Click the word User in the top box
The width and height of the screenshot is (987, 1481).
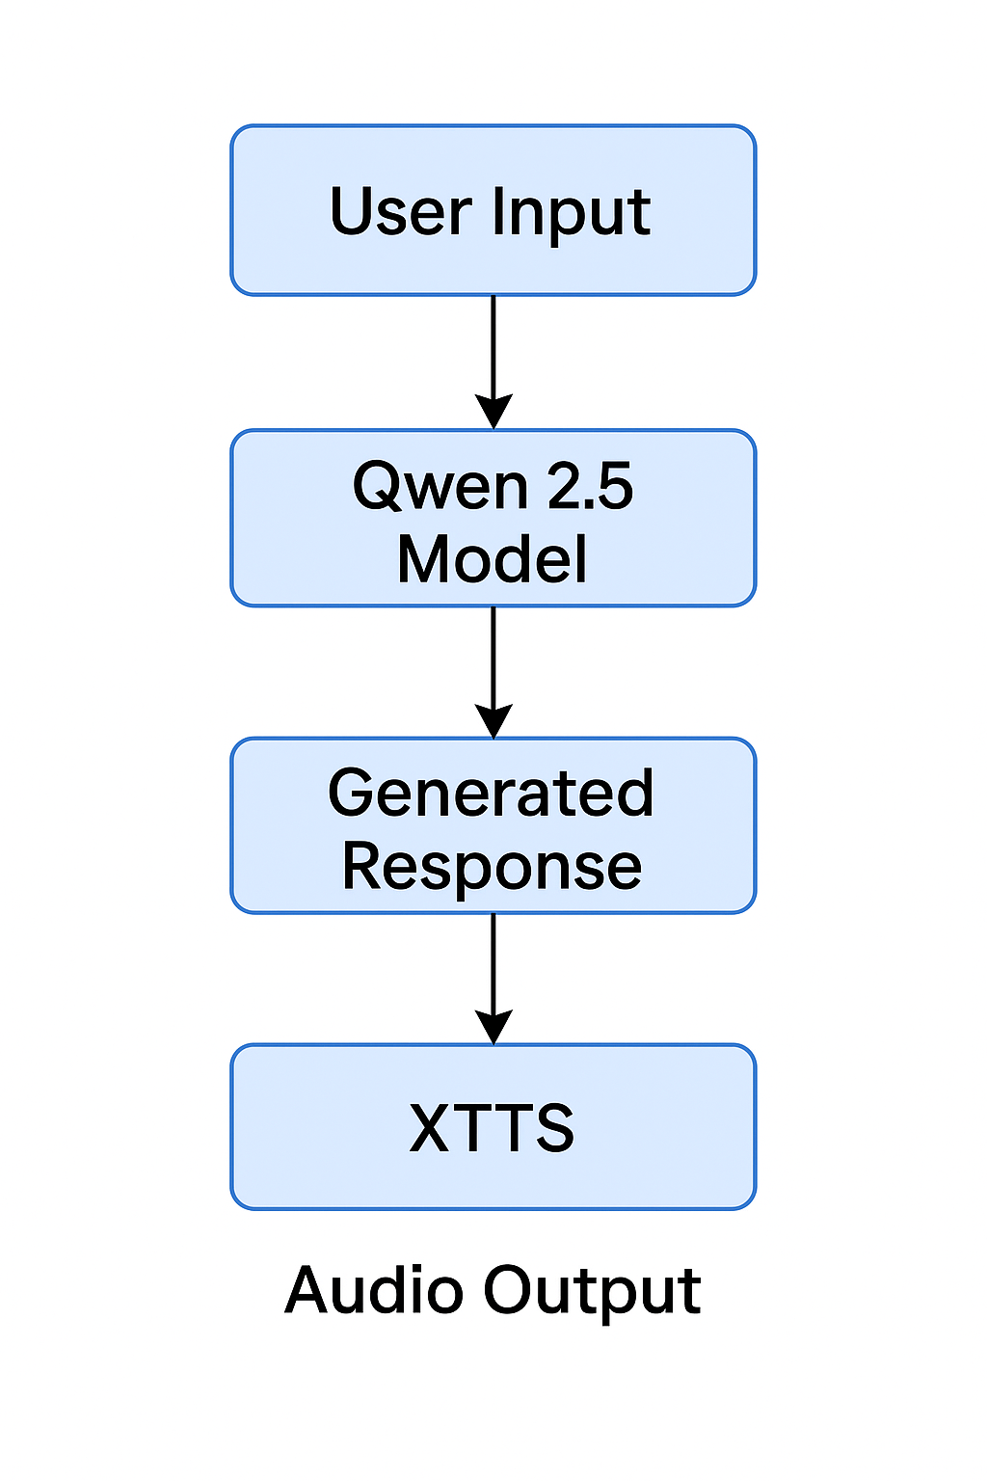click(400, 211)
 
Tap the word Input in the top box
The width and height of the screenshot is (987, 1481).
click(571, 213)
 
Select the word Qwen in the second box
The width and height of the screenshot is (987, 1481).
click(440, 486)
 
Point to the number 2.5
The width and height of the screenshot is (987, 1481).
click(590, 486)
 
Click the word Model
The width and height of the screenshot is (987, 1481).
click(493, 559)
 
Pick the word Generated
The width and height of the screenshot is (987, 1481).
click(492, 794)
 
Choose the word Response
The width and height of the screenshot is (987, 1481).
click(492, 866)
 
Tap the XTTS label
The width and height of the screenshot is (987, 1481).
click(492, 1127)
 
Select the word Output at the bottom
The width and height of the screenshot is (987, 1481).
click(593, 1292)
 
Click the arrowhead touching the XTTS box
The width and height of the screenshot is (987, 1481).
click(493, 1027)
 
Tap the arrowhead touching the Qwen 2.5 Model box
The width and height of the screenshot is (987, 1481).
click(493, 412)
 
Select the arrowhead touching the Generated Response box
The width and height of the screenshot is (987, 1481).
click(493, 720)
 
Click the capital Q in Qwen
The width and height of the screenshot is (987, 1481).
click(377, 486)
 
